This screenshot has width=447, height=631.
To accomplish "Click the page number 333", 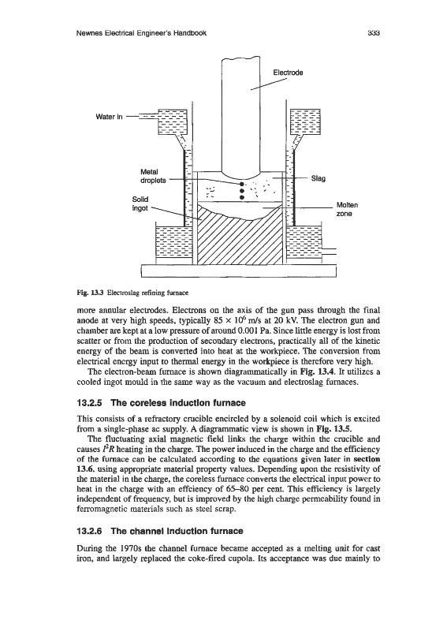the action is pyautogui.click(x=374, y=33).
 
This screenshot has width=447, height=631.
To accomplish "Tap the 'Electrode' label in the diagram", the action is pyautogui.click(x=288, y=73).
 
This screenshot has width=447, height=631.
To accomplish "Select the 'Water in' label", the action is pyautogui.click(x=109, y=117).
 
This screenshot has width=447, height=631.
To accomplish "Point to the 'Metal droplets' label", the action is pyautogui.click(x=153, y=176).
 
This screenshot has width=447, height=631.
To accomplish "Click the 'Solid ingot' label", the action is pyautogui.click(x=140, y=204).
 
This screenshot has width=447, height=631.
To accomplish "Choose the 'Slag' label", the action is pyautogui.click(x=318, y=178).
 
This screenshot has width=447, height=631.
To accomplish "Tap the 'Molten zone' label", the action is pyautogui.click(x=346, y=209).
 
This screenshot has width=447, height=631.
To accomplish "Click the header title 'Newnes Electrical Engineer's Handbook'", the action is pyautogui.click(x=141, y=33).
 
